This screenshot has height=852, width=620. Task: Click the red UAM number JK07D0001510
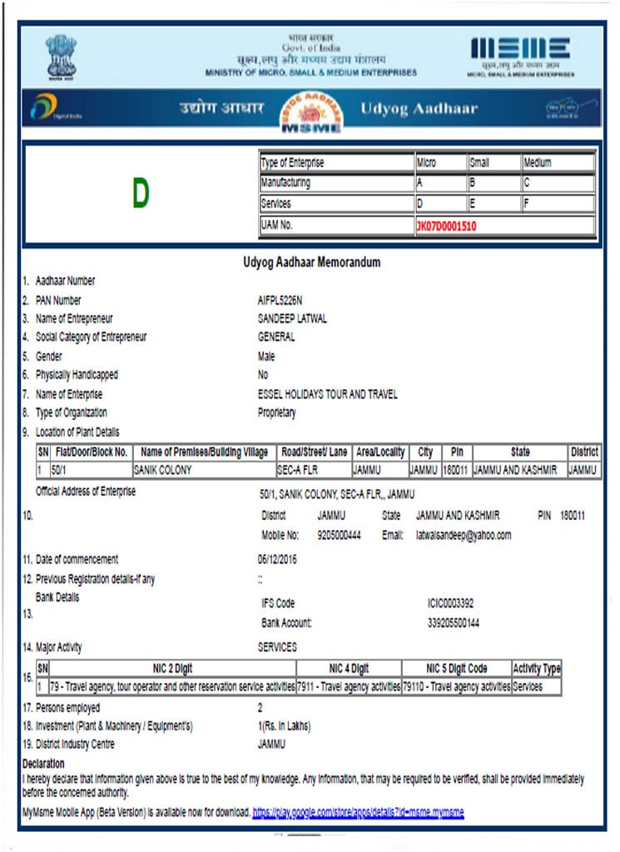(x=446, y=225)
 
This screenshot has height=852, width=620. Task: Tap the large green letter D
(x=140, y=194)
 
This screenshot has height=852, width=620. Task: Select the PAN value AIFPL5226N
(x=280, y=300)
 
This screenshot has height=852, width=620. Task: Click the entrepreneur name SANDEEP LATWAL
(x=292, y=319)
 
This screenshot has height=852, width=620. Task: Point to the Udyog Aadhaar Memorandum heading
(x=311, y=262)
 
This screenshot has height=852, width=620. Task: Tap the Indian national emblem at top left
(x=61, y=55)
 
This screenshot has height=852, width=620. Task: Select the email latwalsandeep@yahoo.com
(x=464, y=535)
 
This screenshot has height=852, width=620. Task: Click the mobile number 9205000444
(x=339, y=535)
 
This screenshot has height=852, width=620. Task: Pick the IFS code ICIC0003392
(x=451, y=603)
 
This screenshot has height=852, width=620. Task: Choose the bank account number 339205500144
(x=453, y=622)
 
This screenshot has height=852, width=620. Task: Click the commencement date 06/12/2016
(x=277, y=559)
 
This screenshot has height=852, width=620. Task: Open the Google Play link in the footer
(x=358, y=811)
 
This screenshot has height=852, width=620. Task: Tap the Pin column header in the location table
(x=457, y=453)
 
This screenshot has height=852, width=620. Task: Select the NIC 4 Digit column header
(x=349, y=669)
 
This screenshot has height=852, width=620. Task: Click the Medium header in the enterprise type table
(x=537, y=163)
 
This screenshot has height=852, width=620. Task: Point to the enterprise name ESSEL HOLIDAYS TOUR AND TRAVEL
(x=328, y=394)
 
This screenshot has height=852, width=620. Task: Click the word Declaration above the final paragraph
(x=43, y=764)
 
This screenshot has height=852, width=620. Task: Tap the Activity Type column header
(x=537, y=669)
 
